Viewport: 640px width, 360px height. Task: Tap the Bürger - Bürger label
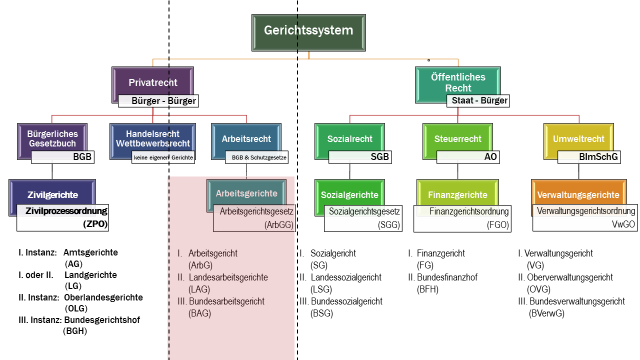(158, 101)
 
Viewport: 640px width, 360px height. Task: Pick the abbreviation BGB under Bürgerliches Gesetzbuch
(82, 157)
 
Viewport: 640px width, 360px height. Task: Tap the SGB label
(379, 157)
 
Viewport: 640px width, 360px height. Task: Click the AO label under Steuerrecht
(490, 157)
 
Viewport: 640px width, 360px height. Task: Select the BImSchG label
(598, 157)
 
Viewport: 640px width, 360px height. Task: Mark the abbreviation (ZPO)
(95, 224)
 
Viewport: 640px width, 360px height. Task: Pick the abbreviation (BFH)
(427, 289)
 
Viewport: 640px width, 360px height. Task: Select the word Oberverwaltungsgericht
(569, 277)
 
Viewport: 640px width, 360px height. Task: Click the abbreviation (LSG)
(321, 289)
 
